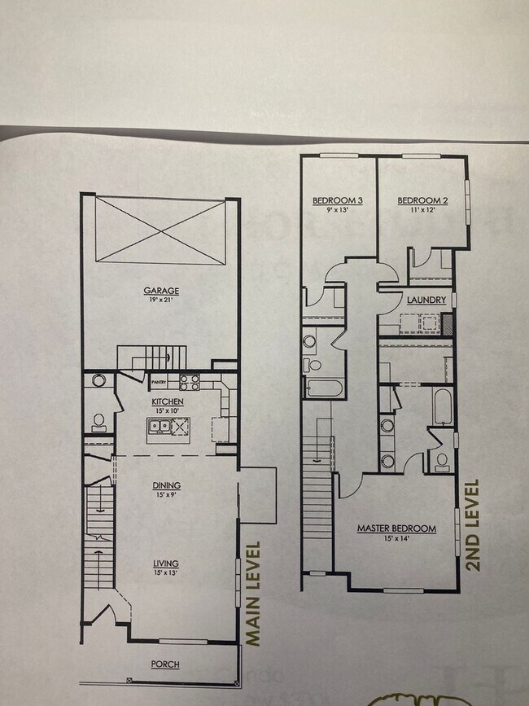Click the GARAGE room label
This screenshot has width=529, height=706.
[x=161, y=291]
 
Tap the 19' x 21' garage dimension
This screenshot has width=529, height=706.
[x=161, y=300]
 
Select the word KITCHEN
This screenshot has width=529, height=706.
[x=167, y=401]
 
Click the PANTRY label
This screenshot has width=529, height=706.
[x=158, y=379]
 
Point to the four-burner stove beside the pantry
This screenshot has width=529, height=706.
[x=189, y=380]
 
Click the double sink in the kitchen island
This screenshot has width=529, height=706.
[x=158, y=424]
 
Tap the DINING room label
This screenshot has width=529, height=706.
[x=167, y=486]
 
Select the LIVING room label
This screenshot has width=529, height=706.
[x=166, y=563]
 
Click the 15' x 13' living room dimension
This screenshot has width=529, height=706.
[x=166, y=572]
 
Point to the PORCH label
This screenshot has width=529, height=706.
[x=166, y=664]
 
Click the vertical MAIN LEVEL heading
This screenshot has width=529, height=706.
[x=253, y=594]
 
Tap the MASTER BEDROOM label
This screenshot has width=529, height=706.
[x=396, y=528]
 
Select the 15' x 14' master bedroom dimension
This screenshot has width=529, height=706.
[x=396, y=538]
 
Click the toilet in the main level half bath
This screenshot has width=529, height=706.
[x=98, y=421]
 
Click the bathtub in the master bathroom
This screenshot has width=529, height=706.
[x=441, y=406]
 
